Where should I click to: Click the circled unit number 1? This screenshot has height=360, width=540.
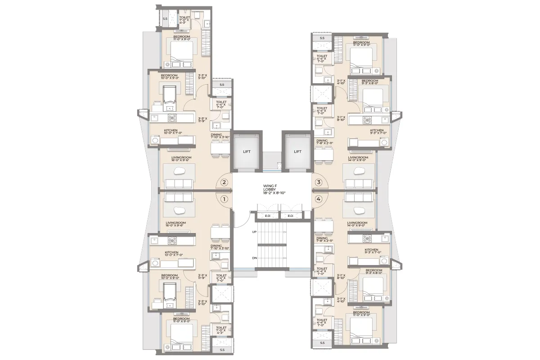click(225, 198)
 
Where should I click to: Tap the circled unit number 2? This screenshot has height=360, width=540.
click(225, 182)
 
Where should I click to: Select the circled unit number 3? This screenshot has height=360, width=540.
click(319, 182)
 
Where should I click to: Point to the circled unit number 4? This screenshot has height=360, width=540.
click(319, 198)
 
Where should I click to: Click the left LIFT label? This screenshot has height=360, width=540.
click(247, 152)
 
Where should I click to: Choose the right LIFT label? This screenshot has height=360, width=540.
click(297, 152)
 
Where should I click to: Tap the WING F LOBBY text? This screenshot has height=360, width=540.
click(273, 189)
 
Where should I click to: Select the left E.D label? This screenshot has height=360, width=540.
click(268, 216)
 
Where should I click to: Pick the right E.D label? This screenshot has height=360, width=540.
click(290, 216)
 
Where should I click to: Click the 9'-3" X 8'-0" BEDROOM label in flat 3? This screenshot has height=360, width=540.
click(369, 82)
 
